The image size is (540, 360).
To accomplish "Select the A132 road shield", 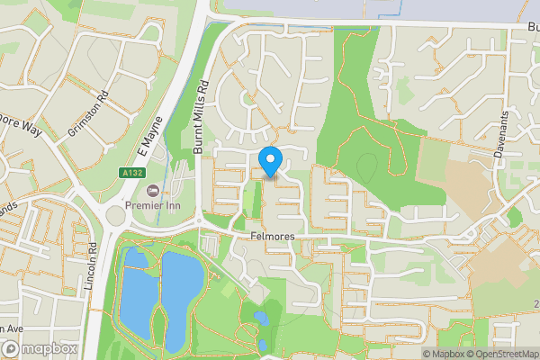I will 132,172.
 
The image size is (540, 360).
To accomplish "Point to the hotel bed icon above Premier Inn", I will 152,191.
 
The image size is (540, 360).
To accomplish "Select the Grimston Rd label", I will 87,114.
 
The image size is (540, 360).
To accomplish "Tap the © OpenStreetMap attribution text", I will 502,354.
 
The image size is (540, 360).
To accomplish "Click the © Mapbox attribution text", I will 440,354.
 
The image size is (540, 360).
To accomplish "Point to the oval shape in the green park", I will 367,166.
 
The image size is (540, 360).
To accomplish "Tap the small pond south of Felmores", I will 260,318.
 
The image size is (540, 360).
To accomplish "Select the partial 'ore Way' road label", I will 20,125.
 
